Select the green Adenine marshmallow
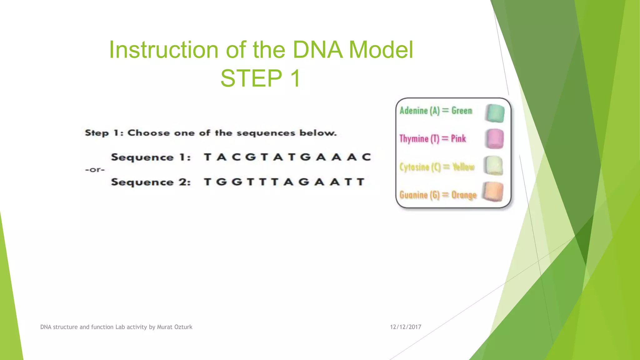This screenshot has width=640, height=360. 495,113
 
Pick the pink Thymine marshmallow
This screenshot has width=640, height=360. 494,139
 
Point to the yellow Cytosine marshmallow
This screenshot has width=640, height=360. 493,166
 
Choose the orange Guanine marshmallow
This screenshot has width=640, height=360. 493,192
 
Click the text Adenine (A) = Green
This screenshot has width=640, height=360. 436,111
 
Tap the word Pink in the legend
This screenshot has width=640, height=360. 458,138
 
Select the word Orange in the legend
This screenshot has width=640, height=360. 464,195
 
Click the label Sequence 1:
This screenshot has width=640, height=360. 151,157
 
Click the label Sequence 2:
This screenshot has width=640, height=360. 151,182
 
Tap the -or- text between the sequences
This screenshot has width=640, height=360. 95,170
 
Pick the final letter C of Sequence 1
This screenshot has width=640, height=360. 367,157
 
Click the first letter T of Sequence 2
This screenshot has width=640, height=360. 207,182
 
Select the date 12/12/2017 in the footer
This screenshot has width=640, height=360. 405,327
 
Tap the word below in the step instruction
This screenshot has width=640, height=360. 318,133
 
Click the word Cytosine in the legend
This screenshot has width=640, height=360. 414,167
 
